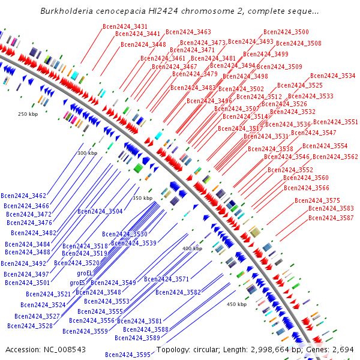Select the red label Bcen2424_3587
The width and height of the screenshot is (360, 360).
pos(331,218)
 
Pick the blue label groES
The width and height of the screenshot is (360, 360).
pos(77,283)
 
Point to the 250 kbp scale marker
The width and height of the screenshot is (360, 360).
pos(28,114)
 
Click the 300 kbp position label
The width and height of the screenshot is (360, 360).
pos(87,153)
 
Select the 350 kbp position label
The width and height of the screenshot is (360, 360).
pos(142,198)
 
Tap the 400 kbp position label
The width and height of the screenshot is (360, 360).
pos(193,248)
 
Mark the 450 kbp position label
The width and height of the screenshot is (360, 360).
pos(236,304)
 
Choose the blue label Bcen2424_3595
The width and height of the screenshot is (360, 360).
pos(128,355)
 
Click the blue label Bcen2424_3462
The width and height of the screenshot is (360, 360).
pos(23,196)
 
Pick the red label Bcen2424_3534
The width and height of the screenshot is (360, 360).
pos(333,76)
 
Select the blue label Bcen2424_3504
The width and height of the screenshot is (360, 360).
pos(100,211)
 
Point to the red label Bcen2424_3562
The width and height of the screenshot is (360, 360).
pos(335,157)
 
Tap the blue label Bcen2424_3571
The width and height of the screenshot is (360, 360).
pos(167,279)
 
